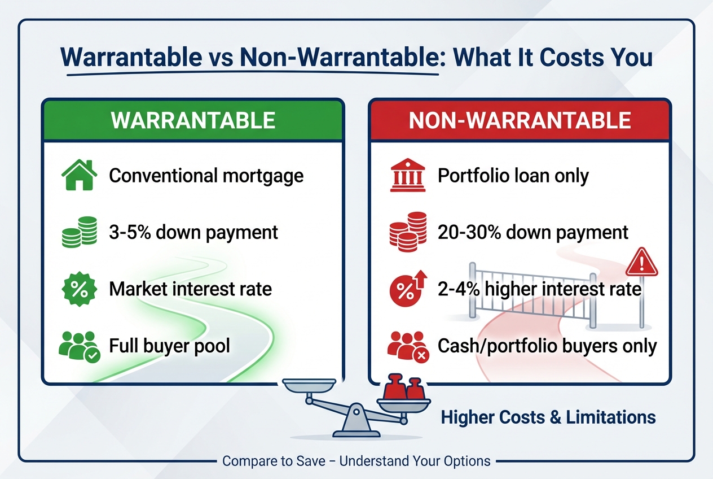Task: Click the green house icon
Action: pos(78,176)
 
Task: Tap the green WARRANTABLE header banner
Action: pos(192,120)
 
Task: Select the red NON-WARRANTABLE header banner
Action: pos(520,120)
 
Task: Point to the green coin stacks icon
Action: pos(78,232)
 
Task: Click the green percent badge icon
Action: pos(78,289)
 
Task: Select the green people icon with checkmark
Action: pos(78,345)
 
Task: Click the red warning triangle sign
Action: pos(641,262)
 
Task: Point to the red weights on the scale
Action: pos(404,389)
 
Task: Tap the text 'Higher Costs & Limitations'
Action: pos(548,417)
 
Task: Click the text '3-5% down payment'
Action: pos(193,232)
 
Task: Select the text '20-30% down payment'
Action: pos(533,232)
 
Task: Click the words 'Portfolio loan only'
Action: pos(513,176)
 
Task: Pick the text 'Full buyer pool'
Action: pos(169,345)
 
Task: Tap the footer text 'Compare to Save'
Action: pos(274,461)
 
